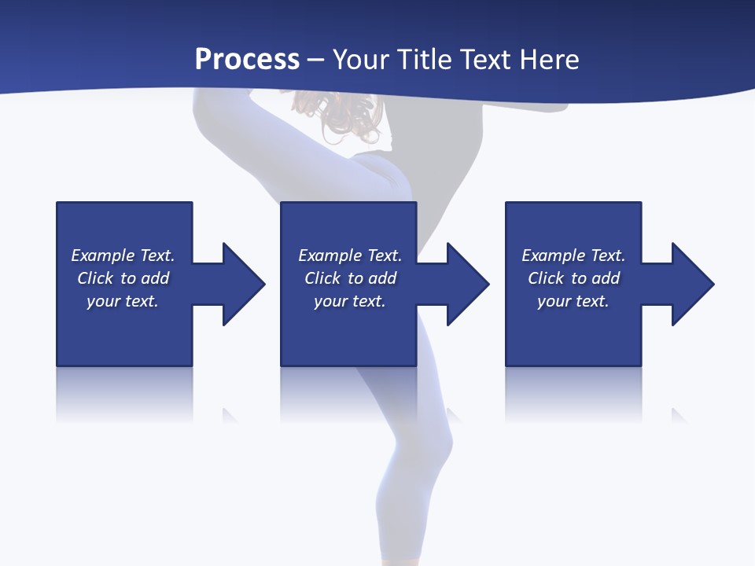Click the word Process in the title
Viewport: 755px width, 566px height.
point(247,60)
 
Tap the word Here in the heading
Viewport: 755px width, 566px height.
point(549,60)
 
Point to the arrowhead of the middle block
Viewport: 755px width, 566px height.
point(467,284)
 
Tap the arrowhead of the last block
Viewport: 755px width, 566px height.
point(692,284)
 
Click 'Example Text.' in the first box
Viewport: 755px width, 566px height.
point(123,255)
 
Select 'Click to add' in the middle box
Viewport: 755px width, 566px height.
point(350,278)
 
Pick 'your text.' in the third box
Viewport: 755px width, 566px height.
point(573,301)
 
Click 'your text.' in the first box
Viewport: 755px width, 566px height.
point(123,301)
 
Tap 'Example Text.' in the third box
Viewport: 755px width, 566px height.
point(573,255)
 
